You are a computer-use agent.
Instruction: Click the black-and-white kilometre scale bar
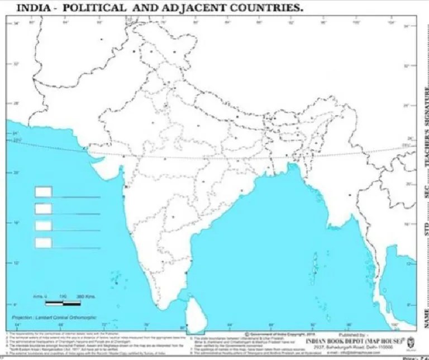click(x=63, y=303)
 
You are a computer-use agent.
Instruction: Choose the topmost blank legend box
click(x=44, y=192)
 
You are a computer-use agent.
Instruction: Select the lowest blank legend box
click(x=44, y=242)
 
